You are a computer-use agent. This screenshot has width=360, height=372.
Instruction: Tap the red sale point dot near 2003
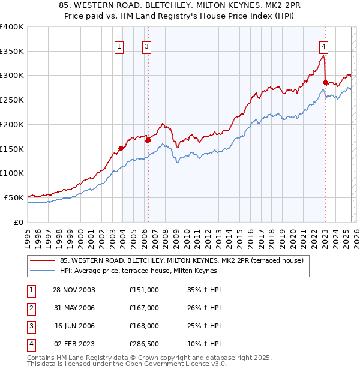pyautogui.click(x=121, y=148)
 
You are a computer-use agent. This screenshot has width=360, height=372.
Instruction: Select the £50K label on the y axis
pyautogui.click(x=14, y=197)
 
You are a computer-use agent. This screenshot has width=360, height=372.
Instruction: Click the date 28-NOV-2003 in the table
pyautogui.click(x=74, y=290)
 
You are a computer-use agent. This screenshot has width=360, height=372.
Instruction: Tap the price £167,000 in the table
pyautogui.click(x=144, y=308)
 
